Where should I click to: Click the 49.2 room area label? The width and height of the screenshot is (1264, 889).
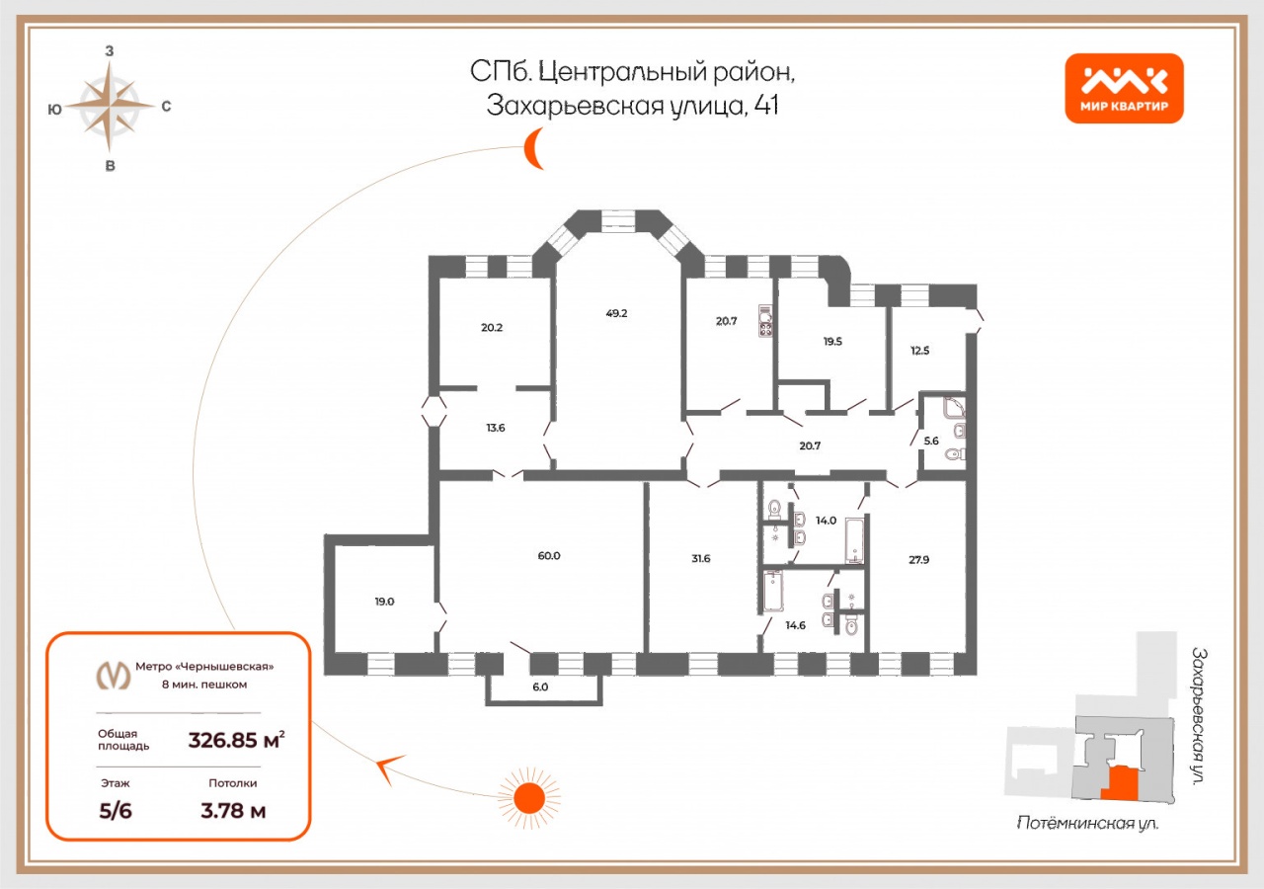(616, 313)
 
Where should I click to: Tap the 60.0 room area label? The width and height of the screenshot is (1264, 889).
(548, 556)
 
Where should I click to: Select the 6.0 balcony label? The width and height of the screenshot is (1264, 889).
(540, 687)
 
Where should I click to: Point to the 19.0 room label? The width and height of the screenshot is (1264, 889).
(384, 602)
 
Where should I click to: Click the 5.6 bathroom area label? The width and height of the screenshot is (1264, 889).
(931, 441)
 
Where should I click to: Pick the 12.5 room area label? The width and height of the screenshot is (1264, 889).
(919, 351)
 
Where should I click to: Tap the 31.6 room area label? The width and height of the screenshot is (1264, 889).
(701, 559)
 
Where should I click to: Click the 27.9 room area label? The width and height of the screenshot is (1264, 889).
(918, 560)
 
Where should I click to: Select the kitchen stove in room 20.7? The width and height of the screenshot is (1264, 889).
(765, 321)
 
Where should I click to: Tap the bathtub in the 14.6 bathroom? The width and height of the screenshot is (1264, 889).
(772, 592)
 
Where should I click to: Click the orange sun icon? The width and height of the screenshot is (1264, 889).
(529, 798)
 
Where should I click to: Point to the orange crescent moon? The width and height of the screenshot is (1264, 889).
(532, 148)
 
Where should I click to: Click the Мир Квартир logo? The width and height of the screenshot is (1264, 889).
(1124, 88)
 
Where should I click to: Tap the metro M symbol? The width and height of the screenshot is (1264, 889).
(114, 675)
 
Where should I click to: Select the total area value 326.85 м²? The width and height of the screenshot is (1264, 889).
(236, 740)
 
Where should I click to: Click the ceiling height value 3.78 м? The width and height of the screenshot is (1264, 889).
(233, 811)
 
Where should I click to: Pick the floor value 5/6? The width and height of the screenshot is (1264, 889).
(116, 811)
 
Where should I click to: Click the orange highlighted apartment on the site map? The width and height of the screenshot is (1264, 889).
(1120, 783)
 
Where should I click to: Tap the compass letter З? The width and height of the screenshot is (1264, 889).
(110, 51)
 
